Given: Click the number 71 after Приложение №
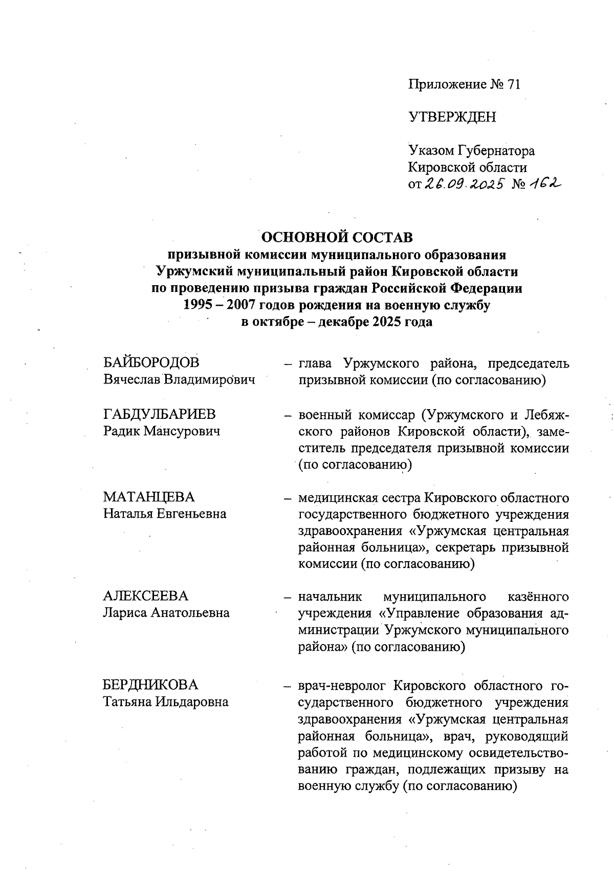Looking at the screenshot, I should click(x=513, y=84).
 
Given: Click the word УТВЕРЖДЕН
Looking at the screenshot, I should click(x=452, y=118).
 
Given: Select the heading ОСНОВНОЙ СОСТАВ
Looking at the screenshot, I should click(x=337, y=238).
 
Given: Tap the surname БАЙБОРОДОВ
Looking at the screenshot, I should click(x=151, y=363).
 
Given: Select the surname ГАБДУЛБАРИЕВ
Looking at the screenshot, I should click(x=159, y=414).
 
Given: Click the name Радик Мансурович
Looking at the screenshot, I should click(x=162, y=431).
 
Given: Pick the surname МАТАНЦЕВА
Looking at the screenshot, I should click(x=149, y=497).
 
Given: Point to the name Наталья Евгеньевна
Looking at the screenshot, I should click(x=165, y=514).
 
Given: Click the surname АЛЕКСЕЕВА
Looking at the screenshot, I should click(x=146, y=596).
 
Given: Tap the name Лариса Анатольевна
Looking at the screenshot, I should click(x=166, y=613).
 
